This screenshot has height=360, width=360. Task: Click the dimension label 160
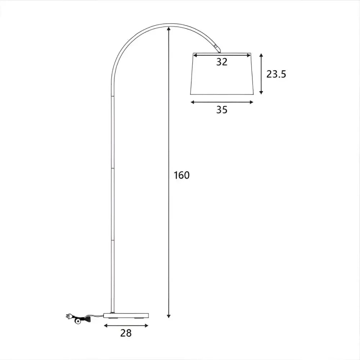181,175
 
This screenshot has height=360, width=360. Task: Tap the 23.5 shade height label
276,74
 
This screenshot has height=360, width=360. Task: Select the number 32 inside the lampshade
222,62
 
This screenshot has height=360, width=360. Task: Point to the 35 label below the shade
222,110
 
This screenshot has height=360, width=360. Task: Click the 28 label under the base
126,333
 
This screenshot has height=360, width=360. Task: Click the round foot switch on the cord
78,321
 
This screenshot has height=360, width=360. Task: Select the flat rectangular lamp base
126,316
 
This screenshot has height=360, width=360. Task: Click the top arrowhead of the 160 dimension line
169,29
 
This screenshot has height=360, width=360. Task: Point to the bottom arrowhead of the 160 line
169,316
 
